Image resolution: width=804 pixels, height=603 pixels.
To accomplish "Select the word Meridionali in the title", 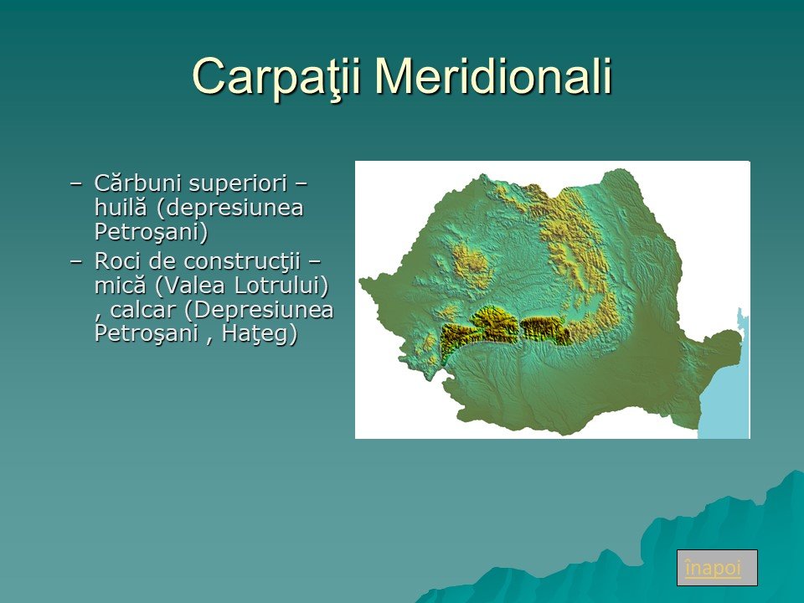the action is (x=494, y=76).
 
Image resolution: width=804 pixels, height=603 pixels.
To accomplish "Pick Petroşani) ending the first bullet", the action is (x=152, y=232).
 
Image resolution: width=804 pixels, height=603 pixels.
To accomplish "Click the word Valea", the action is (x=190, y=286).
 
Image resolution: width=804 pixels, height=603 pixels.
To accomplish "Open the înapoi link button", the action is (x=717, y=568).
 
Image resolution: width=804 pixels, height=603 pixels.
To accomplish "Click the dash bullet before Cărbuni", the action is (x=76, y=183).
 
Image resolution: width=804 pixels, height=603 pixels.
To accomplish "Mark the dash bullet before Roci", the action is (x=76, y=261).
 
